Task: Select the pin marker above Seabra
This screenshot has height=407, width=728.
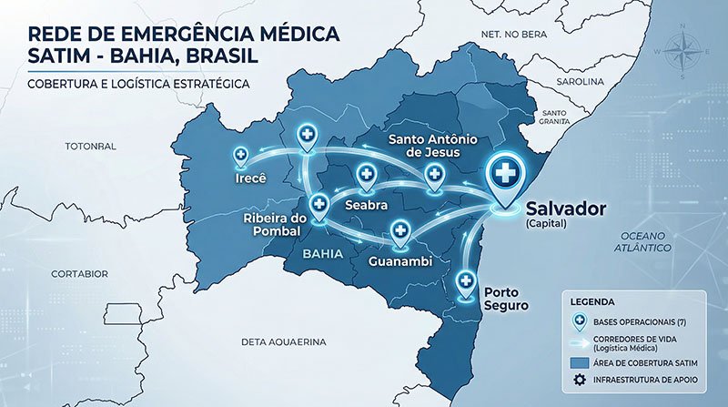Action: pyautogui.click(x=367, y=174)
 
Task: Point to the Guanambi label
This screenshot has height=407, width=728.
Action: pyautogui.click(x=399, y=262)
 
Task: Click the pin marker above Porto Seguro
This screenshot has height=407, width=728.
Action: pyautogui.click(x=468, y=281)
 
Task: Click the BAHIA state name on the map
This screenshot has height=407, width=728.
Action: pyautogui.click(x=327, y=254)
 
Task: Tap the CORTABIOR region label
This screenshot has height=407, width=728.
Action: pyautogui.click(x=80, y=273)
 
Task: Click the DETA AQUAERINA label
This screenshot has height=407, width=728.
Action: pyautogui.click(x=283, y=342)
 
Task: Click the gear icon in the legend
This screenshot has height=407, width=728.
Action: pyautogui.click(x=577, y=381)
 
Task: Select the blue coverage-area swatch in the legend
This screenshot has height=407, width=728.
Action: pyautogui.click(x=577, y=362)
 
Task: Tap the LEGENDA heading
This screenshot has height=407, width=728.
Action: pyautogui.click(x=592, y=300)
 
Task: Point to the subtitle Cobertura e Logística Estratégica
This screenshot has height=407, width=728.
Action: pyautogui.click(x=139, y=84)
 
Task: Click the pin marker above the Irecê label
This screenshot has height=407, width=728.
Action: pyautogui.click(x=241, y=156)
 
